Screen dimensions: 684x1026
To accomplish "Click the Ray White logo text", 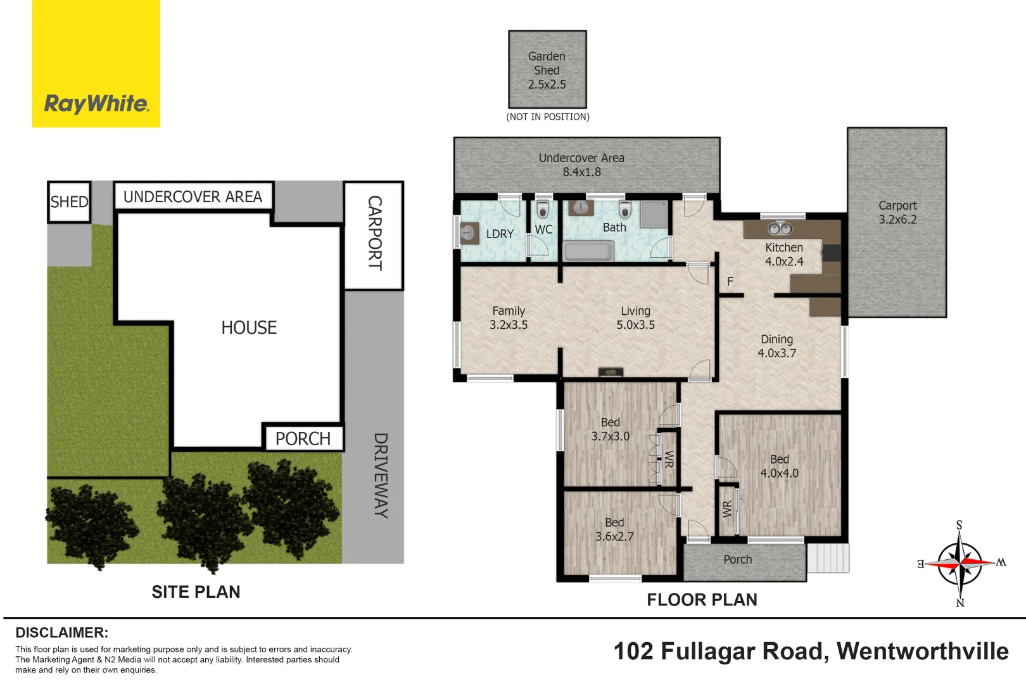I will coord(96,103).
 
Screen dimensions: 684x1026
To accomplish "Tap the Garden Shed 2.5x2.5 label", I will coord(547,70).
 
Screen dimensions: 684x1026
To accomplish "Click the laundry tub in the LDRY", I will coord(469,234).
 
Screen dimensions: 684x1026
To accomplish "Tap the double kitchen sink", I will coord(780,228).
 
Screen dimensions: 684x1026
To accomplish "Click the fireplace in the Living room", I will coord(611,372).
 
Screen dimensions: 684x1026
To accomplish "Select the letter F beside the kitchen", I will coord(730,281).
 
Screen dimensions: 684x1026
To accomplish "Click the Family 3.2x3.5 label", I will coord(509,318).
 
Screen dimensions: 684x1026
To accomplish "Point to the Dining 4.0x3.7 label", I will coord(777,346).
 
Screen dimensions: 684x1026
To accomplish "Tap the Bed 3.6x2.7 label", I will coord(614,529).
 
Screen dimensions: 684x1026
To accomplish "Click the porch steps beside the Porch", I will coord(828,559).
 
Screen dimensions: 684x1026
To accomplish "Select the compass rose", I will coord(960,562).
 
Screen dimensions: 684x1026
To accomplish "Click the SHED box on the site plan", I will coord(69,202).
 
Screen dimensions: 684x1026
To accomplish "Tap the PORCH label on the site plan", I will coord(303,438).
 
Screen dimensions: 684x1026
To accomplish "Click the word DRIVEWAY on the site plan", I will coord(380,475).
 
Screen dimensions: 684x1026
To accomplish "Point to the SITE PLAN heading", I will coord(196,592).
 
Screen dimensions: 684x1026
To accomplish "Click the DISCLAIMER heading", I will coord(62,633).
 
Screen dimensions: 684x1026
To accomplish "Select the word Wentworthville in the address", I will coord(922,651).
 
